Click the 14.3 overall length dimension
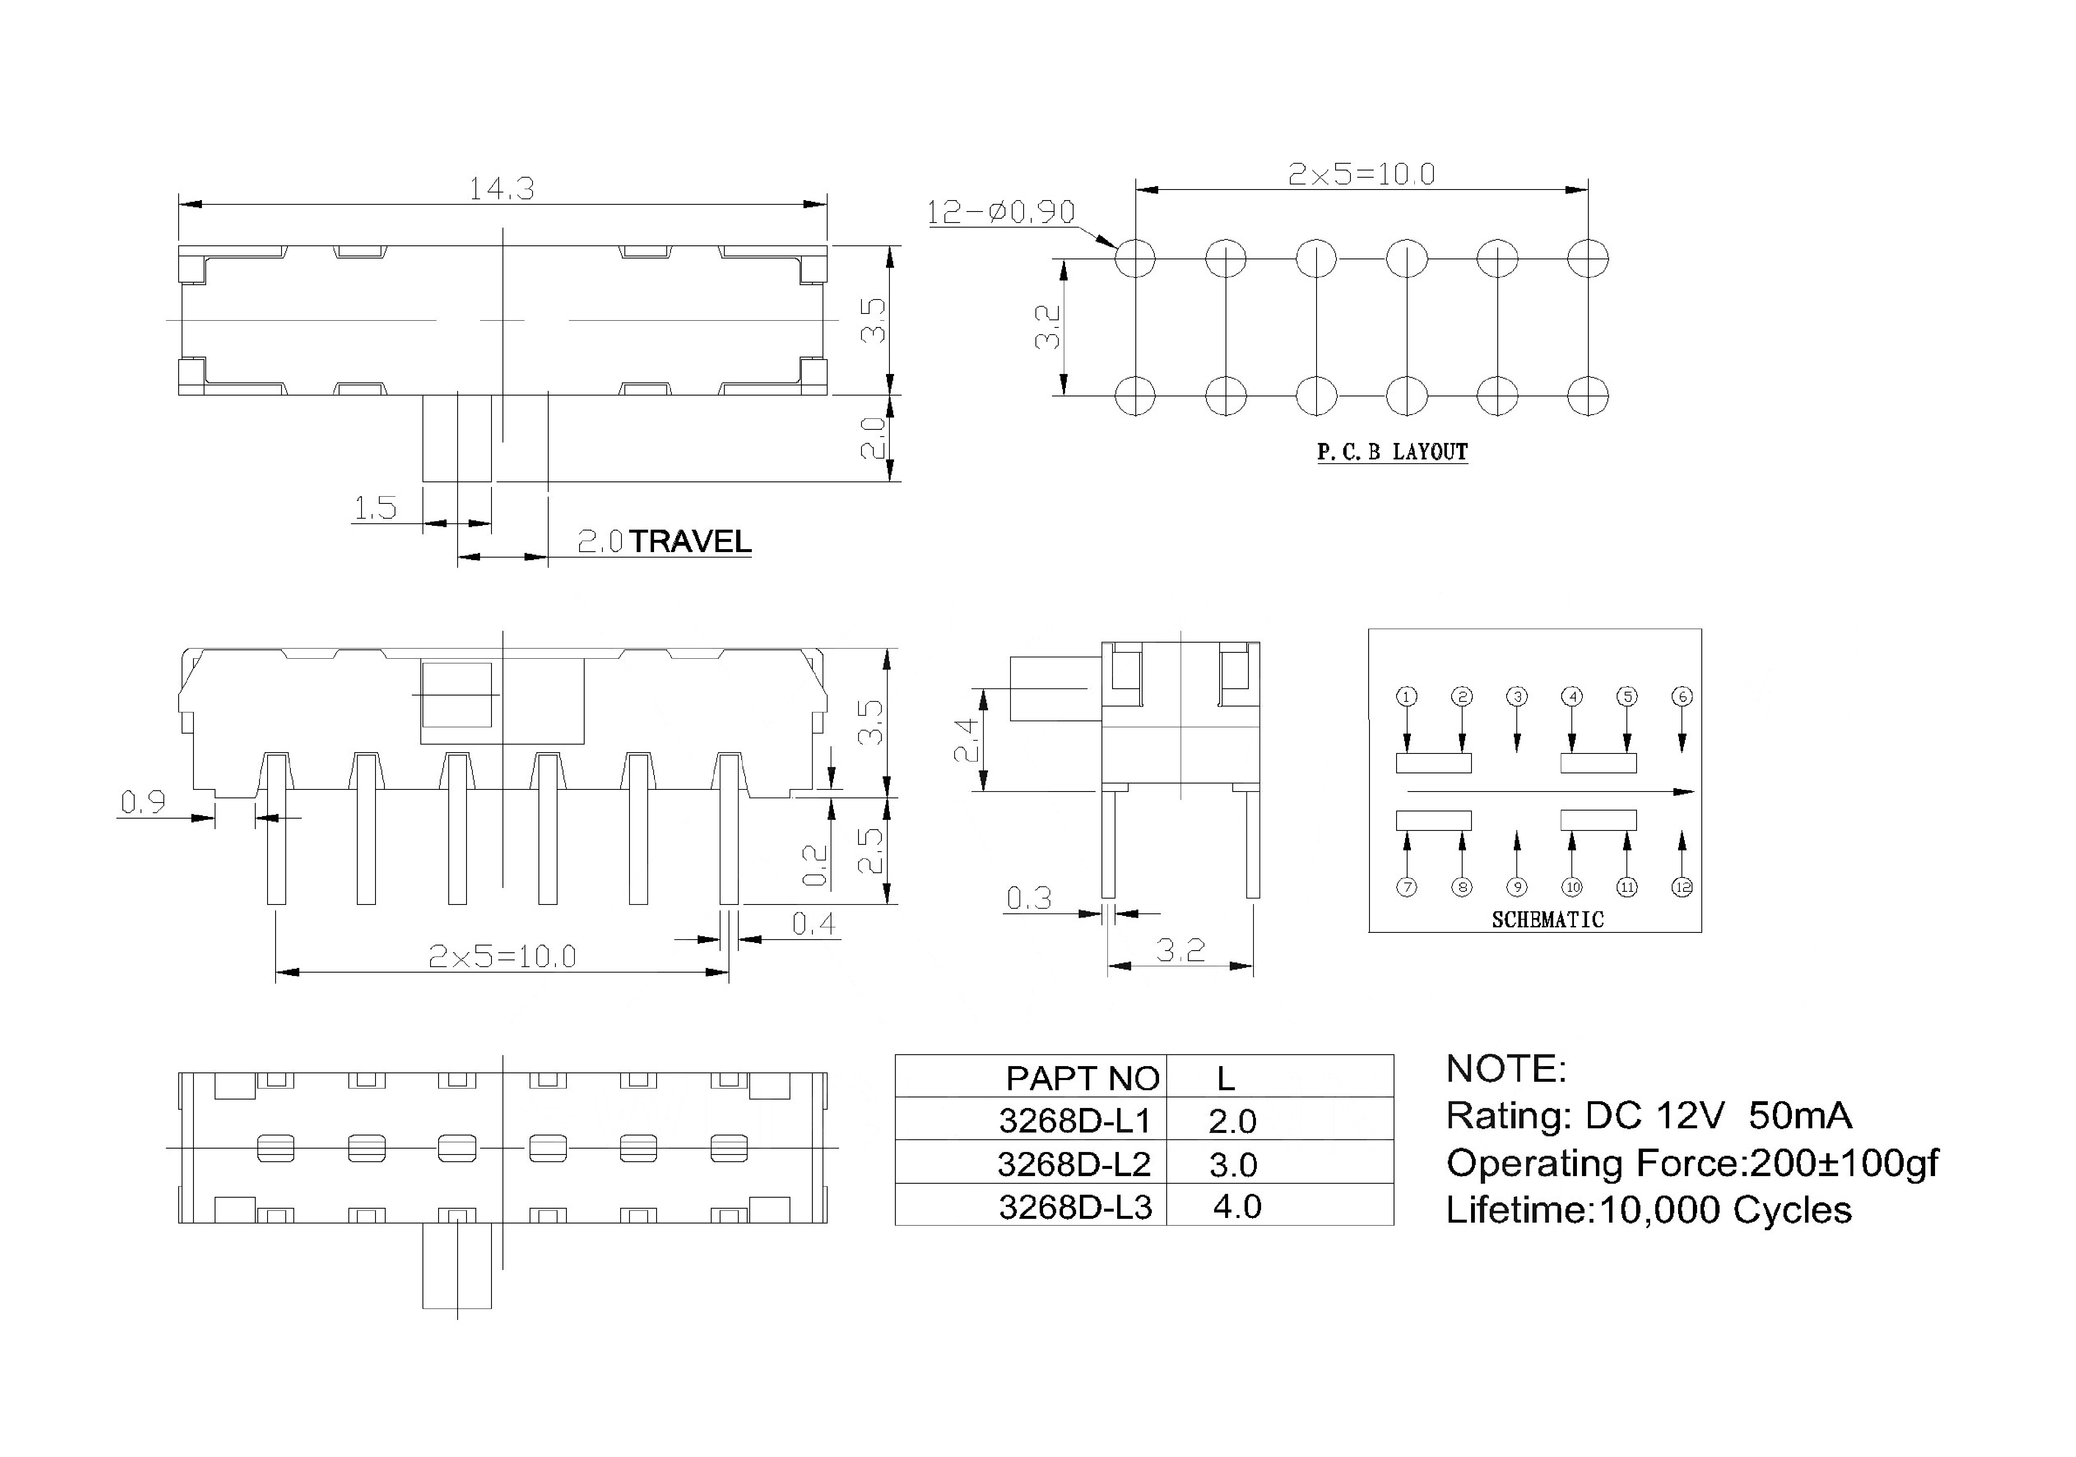501,189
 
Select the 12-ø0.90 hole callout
1001,212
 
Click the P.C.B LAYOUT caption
1392,452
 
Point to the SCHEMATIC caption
1548,920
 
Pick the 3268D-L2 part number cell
1074,1165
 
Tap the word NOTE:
1506,1069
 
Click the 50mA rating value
1800,1116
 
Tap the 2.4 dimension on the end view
966,739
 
